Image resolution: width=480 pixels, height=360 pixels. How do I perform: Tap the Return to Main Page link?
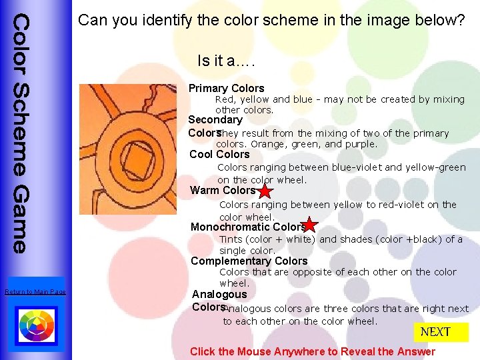pyautogui.click(x=35, y=292)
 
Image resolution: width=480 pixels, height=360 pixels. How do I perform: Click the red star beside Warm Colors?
pyautogui.click(x=265, y=191)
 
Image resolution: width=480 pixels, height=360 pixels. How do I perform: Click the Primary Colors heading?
pyautogui.click(x=227, y=88)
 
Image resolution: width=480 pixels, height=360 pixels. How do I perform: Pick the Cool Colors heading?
pyautogui.click(x=219, y=155)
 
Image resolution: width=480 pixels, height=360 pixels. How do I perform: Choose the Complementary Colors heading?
pyautogui.click(x=249, y=261)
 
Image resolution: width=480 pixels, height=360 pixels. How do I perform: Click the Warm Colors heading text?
pyautogui.click(x=223, y=191)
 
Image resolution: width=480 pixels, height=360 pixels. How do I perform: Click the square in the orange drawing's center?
pyautogui.click(x=145, y=162)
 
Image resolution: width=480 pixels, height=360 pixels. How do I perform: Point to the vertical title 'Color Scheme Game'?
pyautogui.click(x=21, y=133)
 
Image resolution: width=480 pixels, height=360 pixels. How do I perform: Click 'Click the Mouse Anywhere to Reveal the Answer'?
pyautogui.click(x=312, y=351)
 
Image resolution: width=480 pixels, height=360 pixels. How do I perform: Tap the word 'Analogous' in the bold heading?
pyautogui.click(x=219, y=294)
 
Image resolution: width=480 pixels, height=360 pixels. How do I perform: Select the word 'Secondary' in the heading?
pyautogui.click(x=215, y=119)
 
